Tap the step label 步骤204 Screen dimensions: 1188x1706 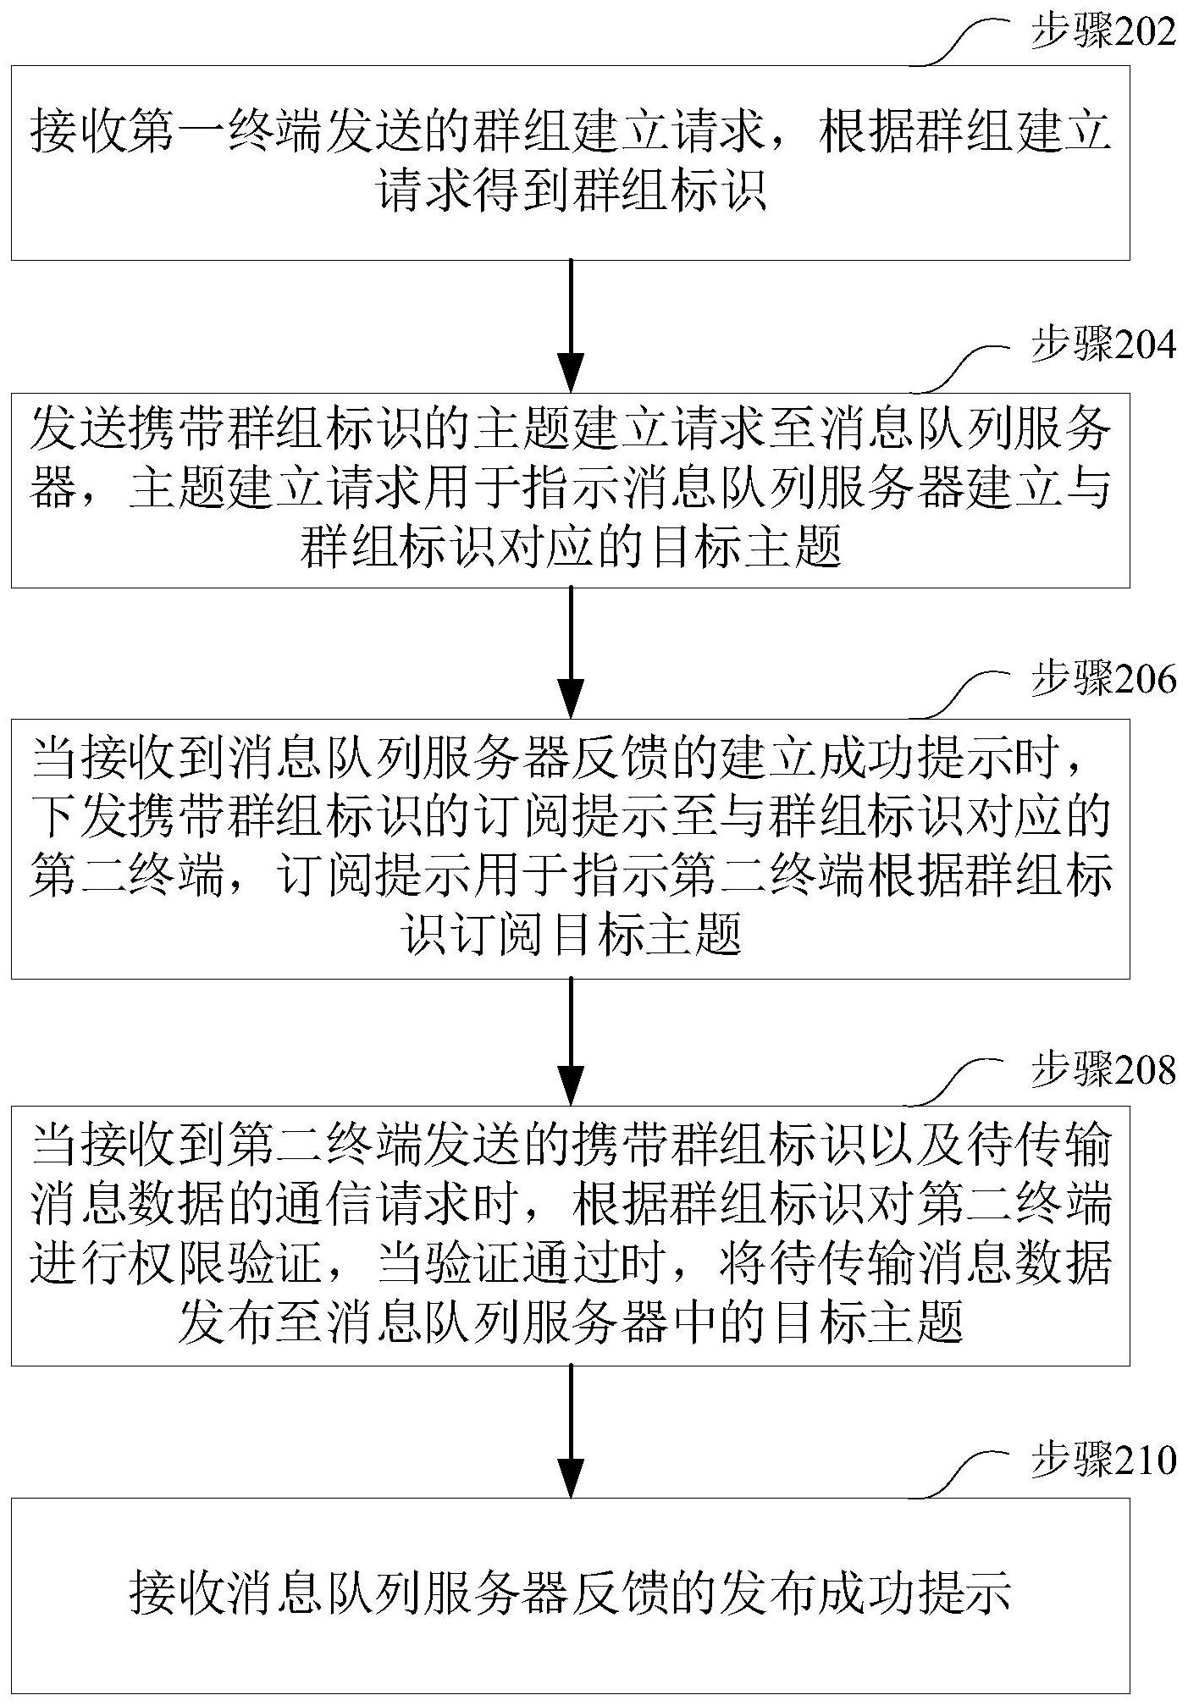pos(1102,346)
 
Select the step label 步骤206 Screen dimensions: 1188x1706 pos(1102,680)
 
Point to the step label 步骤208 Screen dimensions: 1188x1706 pos(1102,1070)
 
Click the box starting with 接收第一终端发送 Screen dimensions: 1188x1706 pos(571,163)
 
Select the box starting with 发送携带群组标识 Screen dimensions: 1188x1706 pos(571,490)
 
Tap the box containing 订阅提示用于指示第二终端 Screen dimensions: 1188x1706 pos(571,848)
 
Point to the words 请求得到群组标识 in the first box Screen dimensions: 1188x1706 pos(571,191)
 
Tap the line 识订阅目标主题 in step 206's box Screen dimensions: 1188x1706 pos(571,936)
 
